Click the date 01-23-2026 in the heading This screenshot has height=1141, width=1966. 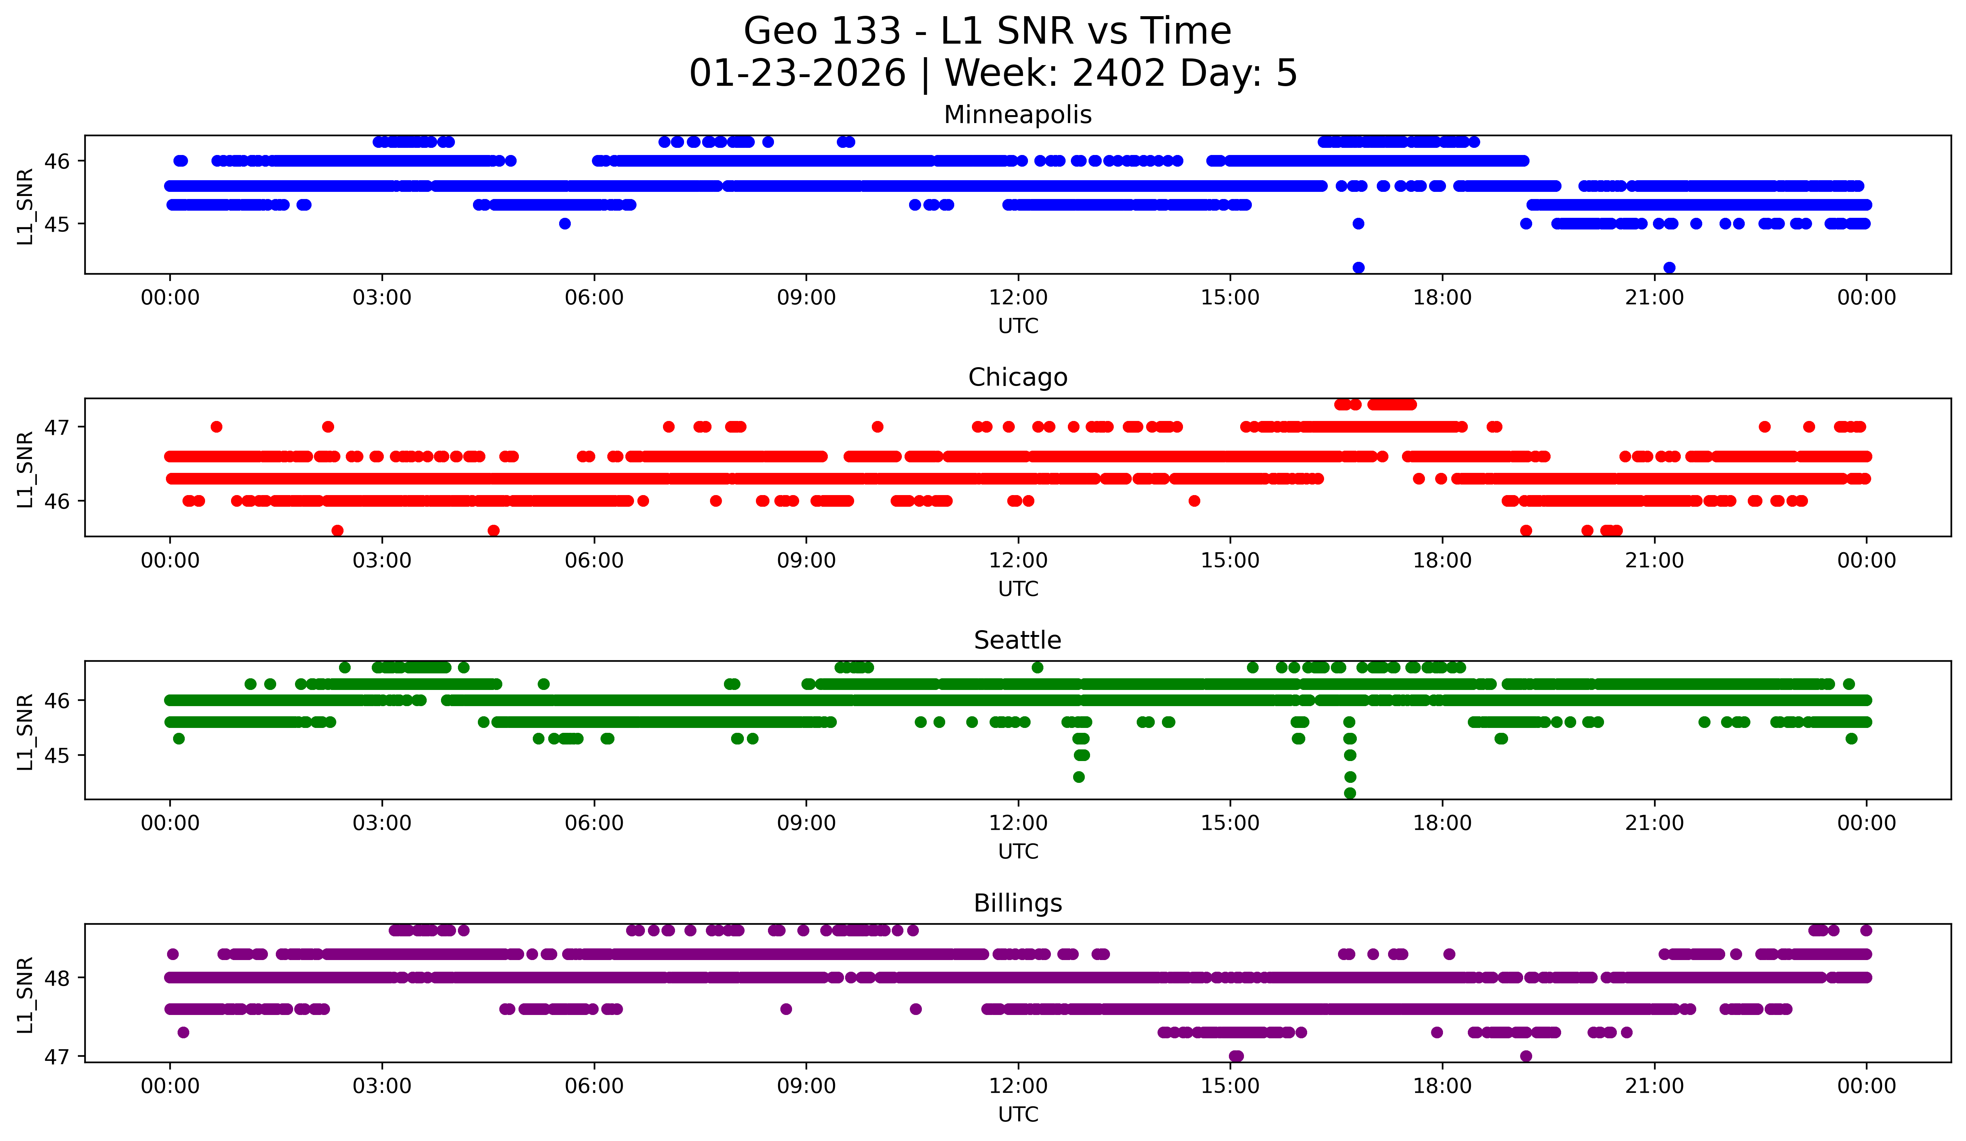pyautogui.click(x=797, y=73)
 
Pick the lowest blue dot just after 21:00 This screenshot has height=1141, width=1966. pyautogui.click(x=1669, y=267)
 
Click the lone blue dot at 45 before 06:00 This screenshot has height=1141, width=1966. pyautogui.click(x=565, y=224)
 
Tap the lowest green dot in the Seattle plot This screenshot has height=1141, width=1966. pyautogui.click(x=1350, y=793)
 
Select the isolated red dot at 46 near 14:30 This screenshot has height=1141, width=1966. pyautogui.click(x=1194, y=501)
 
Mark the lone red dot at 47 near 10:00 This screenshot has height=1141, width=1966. pyautogui.click(x=878, y=427)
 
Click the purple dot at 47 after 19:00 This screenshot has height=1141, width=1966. pyautogui.click(x=1526, y=1056)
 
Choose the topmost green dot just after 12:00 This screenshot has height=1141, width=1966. pyautogui.click(x=1037, y=668)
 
